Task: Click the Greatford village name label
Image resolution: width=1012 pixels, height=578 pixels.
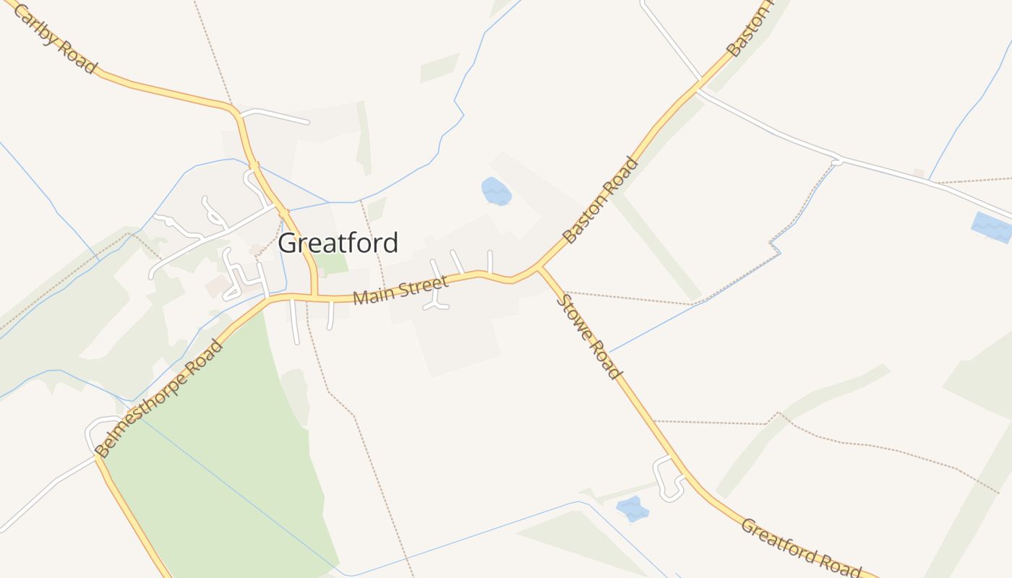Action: pos(338,243)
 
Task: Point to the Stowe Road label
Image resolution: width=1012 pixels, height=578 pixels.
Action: pos(589,336)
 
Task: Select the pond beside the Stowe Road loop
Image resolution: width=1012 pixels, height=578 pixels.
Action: pos(632,509)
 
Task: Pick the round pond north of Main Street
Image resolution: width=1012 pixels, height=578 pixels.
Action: pos(496,191)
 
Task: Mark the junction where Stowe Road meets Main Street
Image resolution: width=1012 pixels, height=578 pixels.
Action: pos(539,269)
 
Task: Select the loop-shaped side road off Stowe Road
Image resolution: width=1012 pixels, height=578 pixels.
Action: pos(666,478)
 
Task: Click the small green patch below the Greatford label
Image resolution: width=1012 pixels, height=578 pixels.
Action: pos(332,264)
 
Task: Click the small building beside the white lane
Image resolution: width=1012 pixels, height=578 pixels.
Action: pos(919,173)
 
